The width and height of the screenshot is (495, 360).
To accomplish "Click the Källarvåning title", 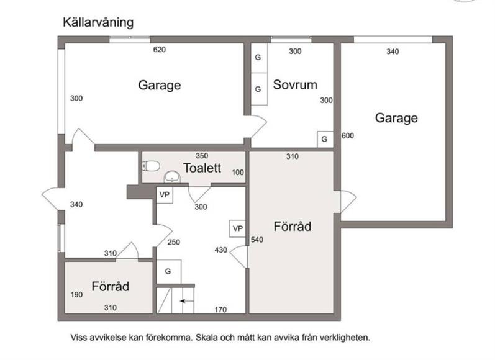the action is pos(98,23).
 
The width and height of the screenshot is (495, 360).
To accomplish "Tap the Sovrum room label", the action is pos(295,84).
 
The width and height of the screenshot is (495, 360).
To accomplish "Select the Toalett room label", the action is pos(202,168).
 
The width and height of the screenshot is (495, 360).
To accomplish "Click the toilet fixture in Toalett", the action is pos(151,166).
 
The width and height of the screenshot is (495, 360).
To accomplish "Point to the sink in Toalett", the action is pos(172,177).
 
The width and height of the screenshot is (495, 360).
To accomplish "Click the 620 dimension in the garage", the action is pos(160,50).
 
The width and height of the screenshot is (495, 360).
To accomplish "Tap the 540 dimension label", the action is pos(257,240).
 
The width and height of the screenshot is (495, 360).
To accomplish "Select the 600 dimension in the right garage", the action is pos(348,136).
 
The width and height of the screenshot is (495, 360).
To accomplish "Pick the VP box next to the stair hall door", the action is pos(237,228).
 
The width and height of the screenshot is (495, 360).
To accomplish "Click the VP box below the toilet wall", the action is pos(165,195).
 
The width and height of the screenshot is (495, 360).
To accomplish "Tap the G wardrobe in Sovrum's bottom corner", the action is pos(325,139).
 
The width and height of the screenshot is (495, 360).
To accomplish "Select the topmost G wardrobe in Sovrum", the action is pos(259,58).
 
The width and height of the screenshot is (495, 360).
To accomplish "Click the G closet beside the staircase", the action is pos(168,271).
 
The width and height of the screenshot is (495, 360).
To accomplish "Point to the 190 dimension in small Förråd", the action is pos(76,295).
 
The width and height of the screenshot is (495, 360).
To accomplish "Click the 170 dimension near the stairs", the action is pos(220,310).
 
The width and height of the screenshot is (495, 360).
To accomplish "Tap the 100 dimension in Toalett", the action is pos(238,173).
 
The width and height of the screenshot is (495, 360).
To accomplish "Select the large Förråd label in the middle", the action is pos(293,227).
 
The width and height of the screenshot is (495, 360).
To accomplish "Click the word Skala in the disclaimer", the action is pos(206,338).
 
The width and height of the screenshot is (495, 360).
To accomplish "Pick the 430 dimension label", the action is pos(221,250).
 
